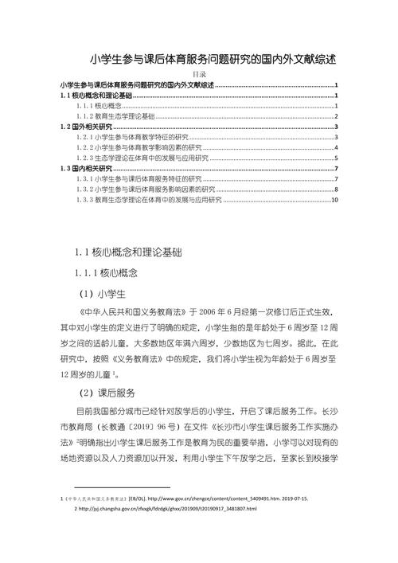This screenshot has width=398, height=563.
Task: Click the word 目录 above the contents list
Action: tap(199, 75)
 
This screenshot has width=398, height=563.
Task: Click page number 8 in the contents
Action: tap(338, 189)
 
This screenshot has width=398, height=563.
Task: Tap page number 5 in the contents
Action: tap(338, 158)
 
